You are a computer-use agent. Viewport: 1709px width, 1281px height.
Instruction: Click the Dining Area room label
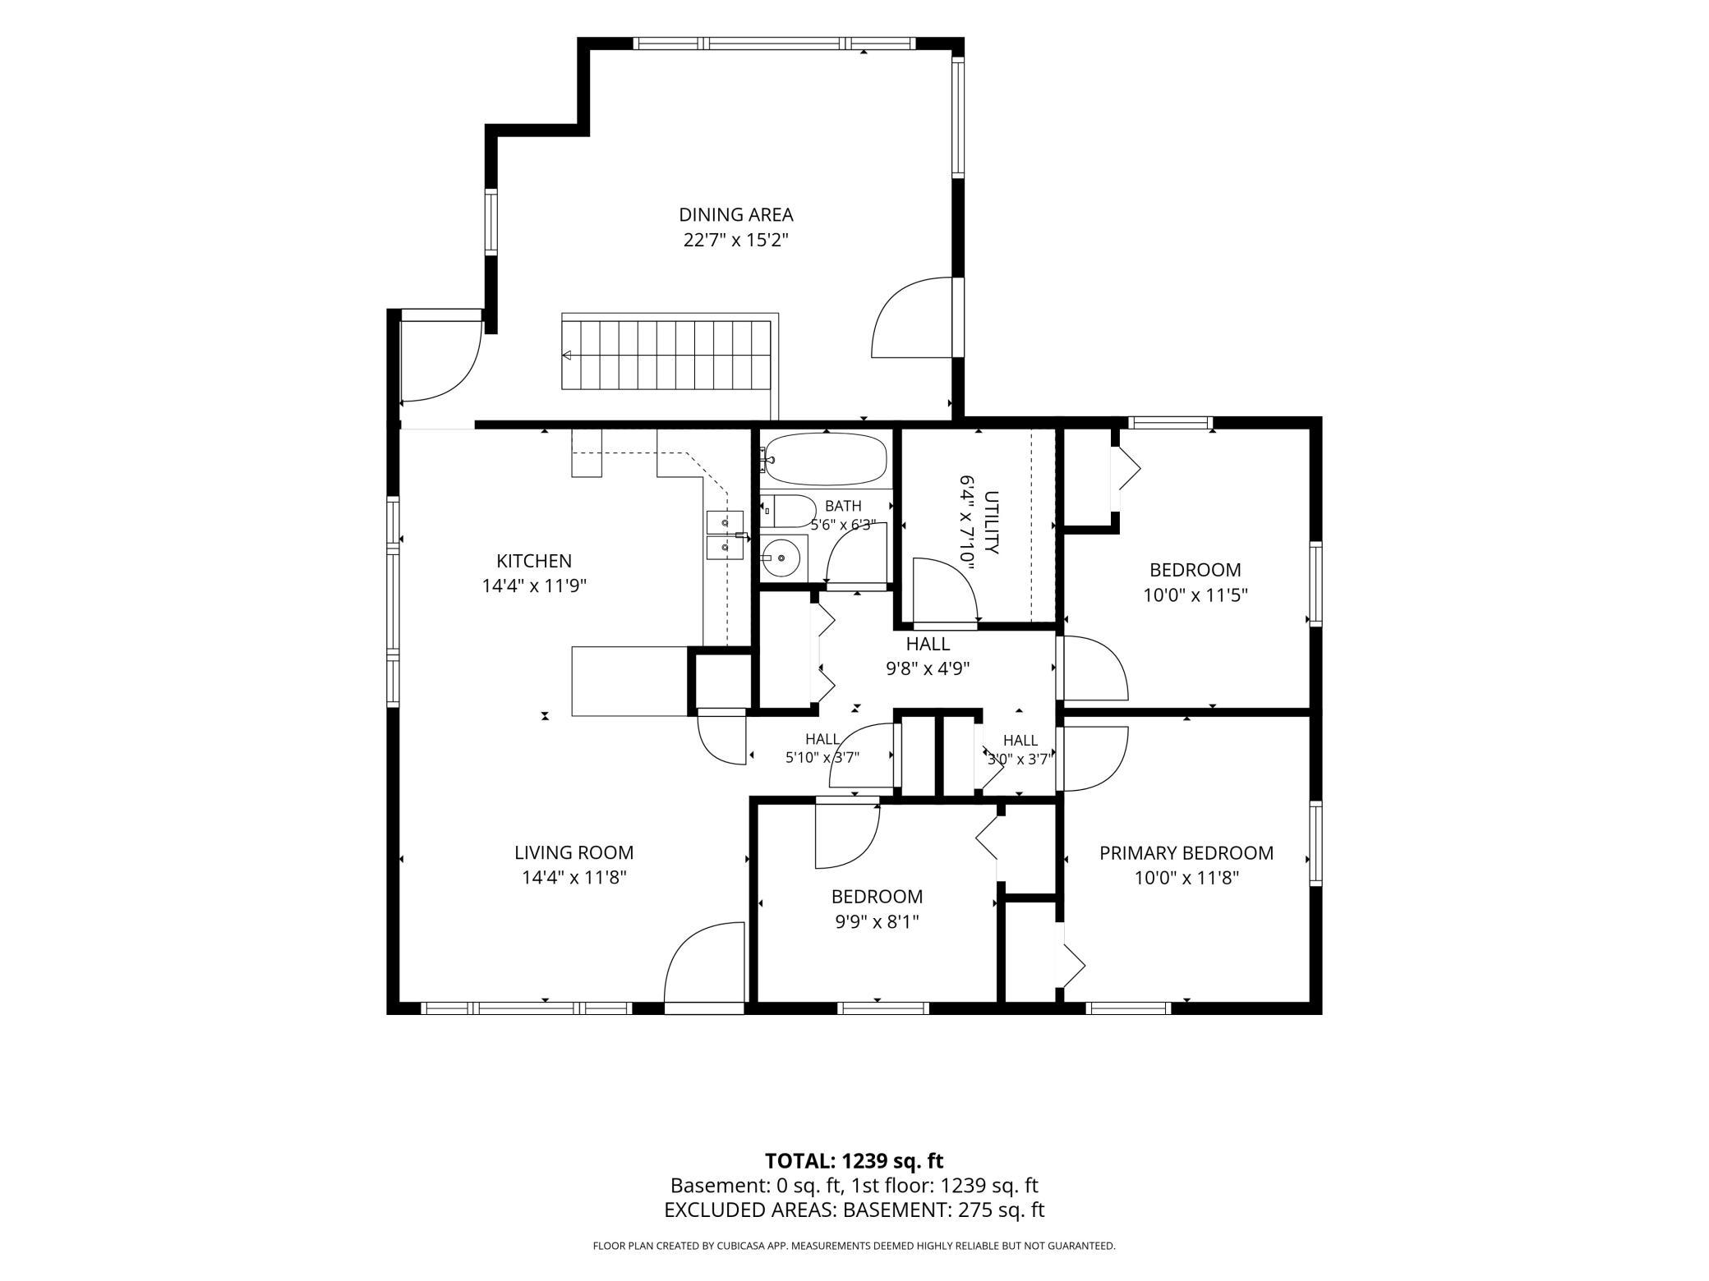point(735,215)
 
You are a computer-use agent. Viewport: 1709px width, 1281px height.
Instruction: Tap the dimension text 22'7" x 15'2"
point(735,241)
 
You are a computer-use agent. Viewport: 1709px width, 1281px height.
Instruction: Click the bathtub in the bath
point(825,460)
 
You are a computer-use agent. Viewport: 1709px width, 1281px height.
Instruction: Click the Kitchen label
point(534,561)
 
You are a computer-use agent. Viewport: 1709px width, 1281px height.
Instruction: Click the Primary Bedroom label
point(1186,853)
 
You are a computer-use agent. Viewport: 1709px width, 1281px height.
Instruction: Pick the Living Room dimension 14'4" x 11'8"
point(574,878)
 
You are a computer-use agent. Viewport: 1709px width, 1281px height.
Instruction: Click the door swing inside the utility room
point(945,590)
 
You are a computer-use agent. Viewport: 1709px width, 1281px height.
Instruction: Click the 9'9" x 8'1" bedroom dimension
point(877,922)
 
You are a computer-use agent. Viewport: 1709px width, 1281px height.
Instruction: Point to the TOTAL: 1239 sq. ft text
point(854,1161)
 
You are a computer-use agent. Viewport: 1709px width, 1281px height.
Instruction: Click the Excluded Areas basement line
point(854,1210)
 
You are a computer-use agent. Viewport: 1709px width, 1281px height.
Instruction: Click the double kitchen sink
point(726,535)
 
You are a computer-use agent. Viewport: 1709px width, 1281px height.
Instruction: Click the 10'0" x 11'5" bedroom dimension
point(1195,595)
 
